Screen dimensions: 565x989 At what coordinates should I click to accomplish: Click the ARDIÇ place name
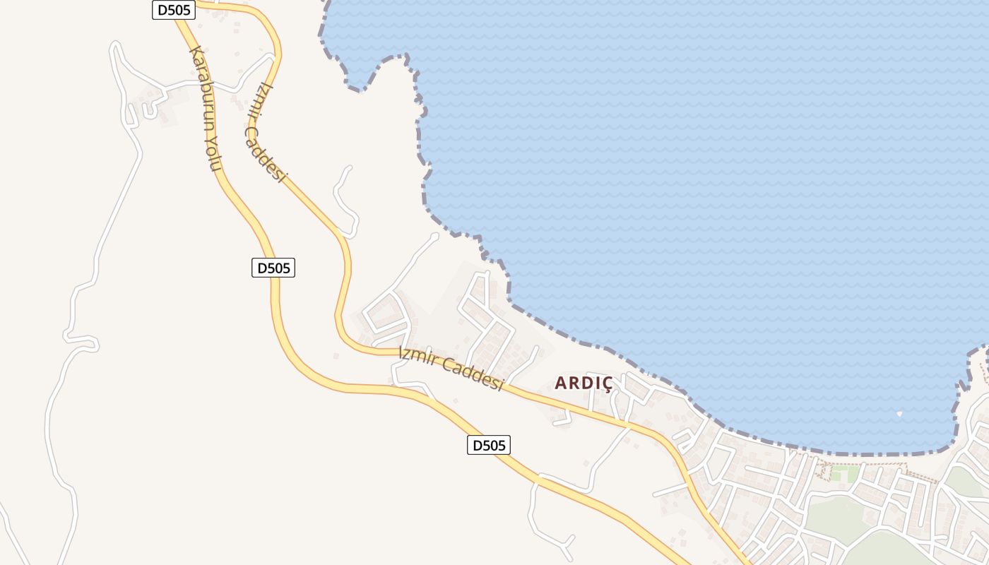click(x=584, y=383)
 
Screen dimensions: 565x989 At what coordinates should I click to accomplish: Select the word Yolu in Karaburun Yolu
click(x=215, y=154)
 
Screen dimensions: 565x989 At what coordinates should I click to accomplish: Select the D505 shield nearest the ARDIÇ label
click(x=488, y=445)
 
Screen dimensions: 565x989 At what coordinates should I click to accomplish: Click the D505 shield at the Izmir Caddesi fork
click(x=173, y=10)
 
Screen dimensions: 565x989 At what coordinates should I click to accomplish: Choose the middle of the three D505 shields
click(x=273, y=268)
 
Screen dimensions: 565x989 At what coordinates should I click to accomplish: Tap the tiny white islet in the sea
click(x=899, y=414)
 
